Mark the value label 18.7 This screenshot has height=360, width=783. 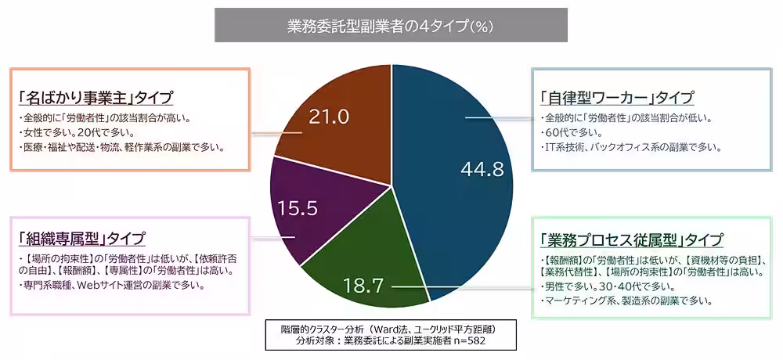click(363, 286)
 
